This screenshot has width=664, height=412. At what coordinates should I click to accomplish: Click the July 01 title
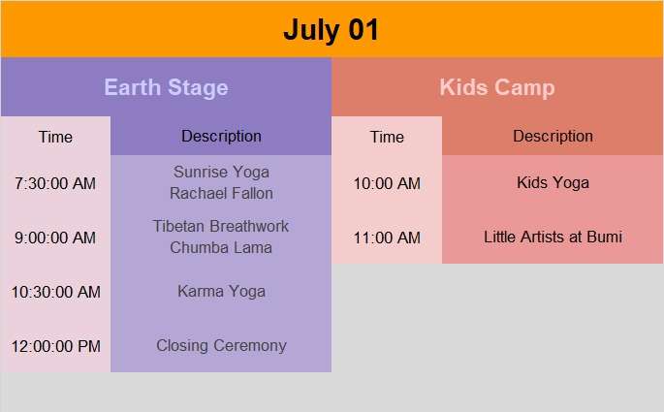click(332, 30)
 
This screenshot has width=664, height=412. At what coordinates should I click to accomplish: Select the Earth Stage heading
click(166, 87)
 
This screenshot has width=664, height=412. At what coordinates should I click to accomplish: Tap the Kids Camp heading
click(497, 87)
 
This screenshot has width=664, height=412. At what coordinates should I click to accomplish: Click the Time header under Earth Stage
click(55, 137)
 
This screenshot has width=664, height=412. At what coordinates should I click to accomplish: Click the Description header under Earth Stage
click(221, 136)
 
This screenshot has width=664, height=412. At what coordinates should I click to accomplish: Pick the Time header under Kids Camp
click(387, 137)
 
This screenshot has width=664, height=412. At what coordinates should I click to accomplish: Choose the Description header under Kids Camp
click(553, 136)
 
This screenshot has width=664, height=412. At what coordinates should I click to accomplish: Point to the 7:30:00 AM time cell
click(55, 183)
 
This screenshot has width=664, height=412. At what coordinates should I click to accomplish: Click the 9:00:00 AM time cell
click(55, 238)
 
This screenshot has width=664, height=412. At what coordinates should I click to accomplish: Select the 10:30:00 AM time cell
click(55, 292)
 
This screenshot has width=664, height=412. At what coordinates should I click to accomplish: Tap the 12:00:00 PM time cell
click(55, 346)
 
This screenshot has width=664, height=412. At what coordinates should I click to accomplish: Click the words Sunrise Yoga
click(221, 173)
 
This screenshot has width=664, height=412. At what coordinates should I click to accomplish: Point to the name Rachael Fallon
click(221, 194)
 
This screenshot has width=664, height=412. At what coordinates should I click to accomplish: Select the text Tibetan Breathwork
click(221, 226)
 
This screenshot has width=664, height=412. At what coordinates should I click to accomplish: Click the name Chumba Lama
click(221, 247)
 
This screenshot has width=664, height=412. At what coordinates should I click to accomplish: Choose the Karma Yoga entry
click(221, 292)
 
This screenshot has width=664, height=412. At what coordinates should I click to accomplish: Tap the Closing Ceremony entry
click(221, 345)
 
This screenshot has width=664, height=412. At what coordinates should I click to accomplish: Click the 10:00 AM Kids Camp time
click(387, 183)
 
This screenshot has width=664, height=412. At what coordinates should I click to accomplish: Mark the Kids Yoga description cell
click(553, 183)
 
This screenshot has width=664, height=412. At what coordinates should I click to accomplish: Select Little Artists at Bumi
click(553, 237)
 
